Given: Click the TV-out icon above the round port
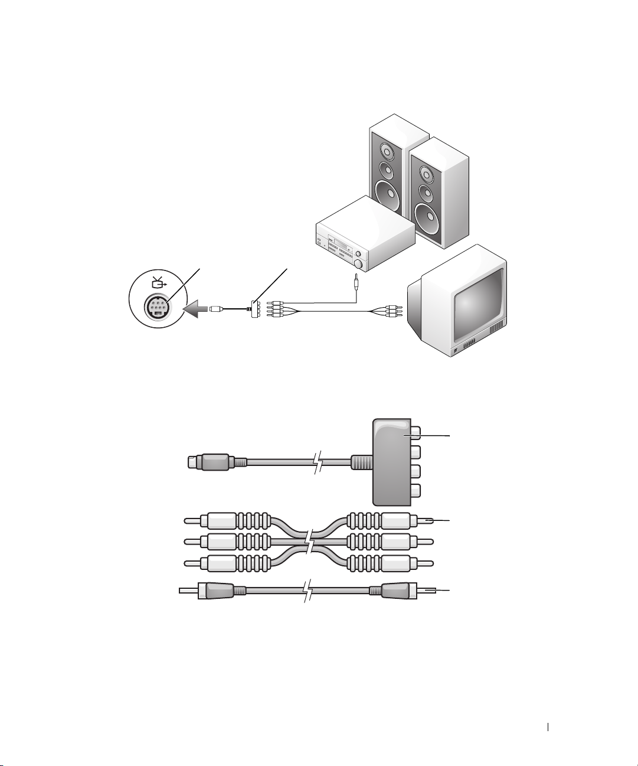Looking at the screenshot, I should [x=158, y=282].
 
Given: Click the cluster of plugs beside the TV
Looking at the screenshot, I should [x=390, y=311].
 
